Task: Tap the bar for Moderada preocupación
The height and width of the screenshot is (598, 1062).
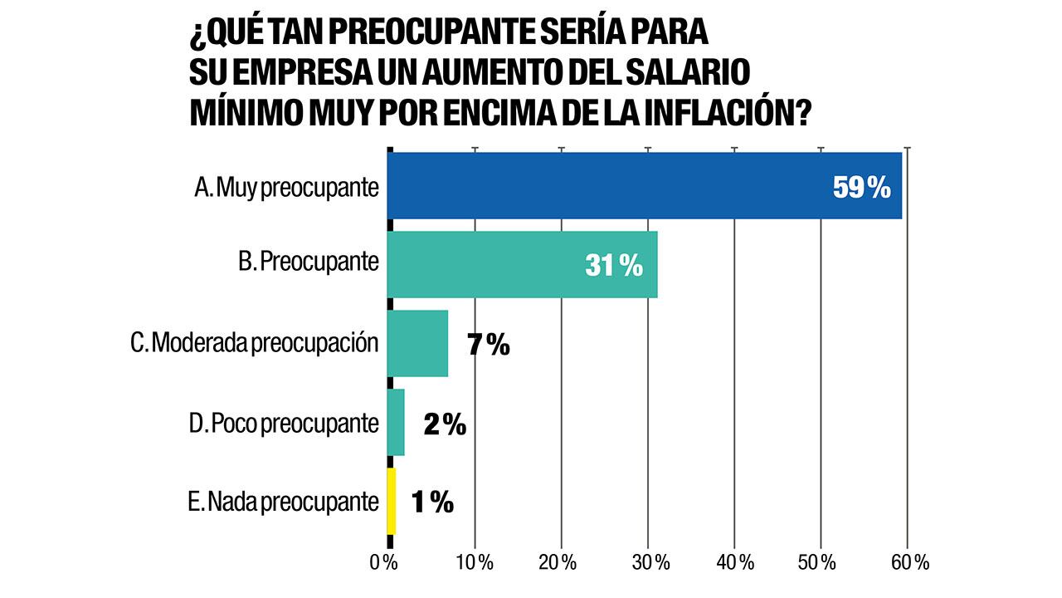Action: [x=417, y=344]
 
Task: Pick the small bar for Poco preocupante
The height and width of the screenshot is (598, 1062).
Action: [x=396, y=423]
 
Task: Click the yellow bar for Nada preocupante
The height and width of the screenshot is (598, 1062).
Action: [x=392, y=502]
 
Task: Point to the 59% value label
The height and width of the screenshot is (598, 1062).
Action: [x=861, y=188]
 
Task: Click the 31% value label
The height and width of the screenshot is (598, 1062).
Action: [x=614, y=266]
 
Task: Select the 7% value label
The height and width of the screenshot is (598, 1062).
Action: [x=488, y=345]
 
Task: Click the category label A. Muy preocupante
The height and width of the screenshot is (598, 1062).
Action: [x=286, y=188]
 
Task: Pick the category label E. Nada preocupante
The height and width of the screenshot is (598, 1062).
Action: [x=283, y=502]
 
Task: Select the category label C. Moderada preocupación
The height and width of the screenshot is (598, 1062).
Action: [x=255, y=344]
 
